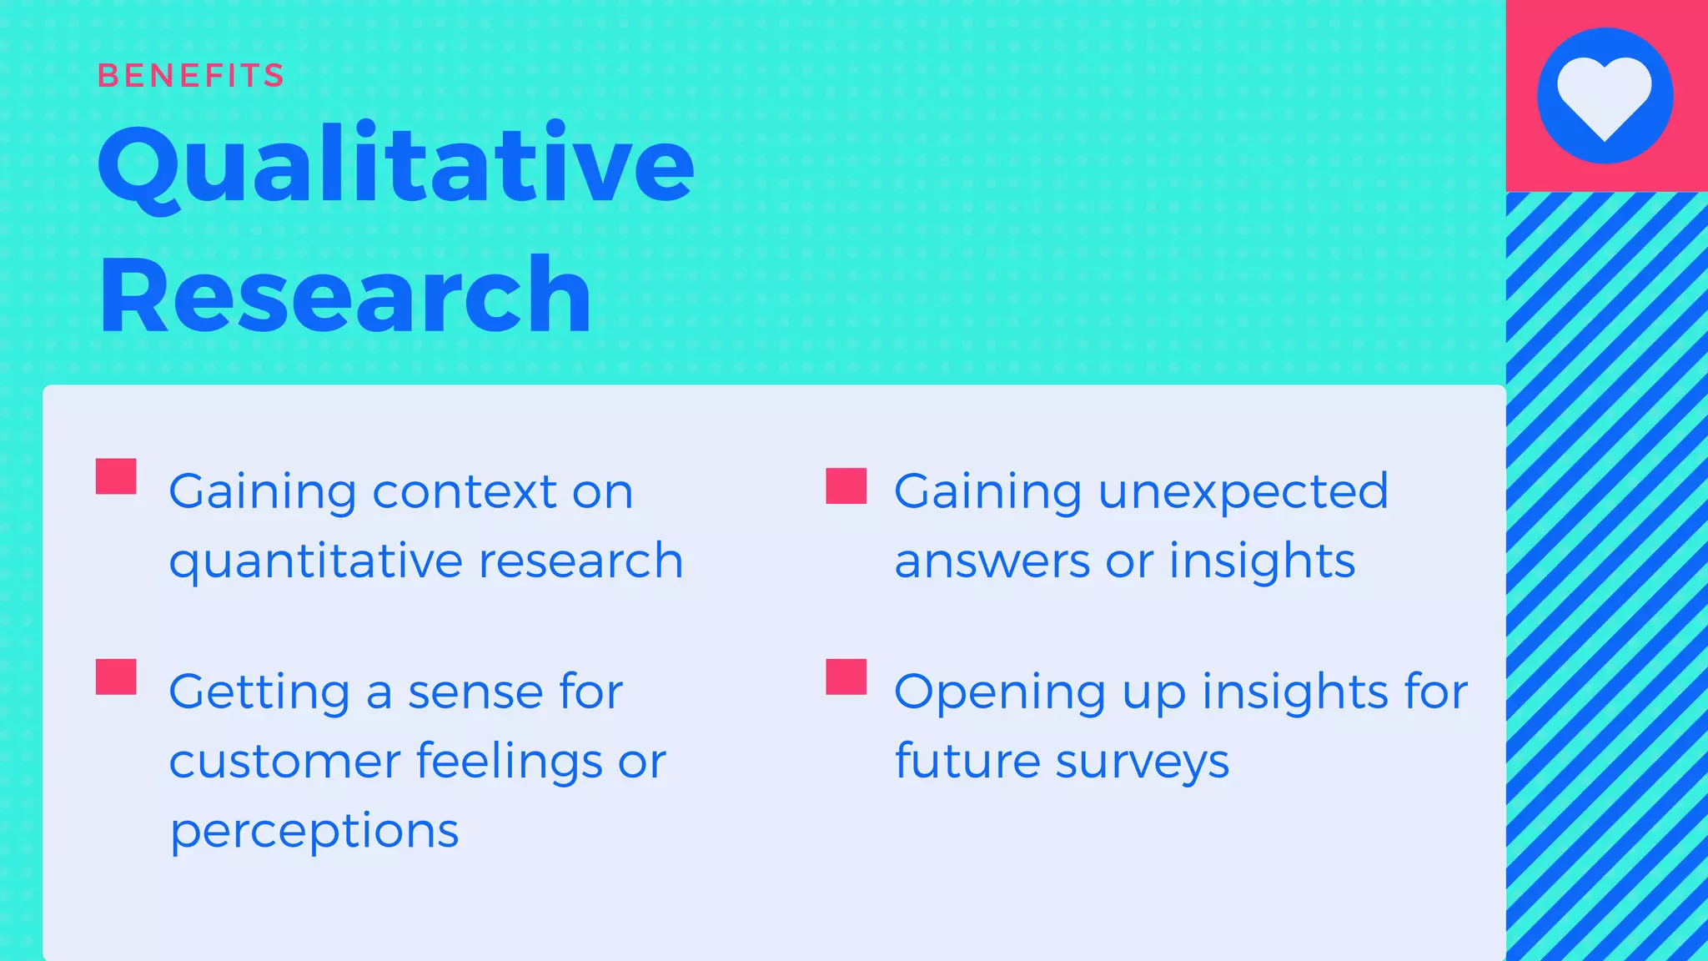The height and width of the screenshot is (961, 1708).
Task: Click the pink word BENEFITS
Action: point(191,76)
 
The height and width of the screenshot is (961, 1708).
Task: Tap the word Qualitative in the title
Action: point(395,164)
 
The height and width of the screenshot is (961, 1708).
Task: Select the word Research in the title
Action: point(344,296)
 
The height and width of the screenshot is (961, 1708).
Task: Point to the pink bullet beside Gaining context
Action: point(116,476)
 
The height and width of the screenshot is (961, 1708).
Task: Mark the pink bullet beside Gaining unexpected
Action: point(846,486)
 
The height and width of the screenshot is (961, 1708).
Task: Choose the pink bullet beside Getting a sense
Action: point(116,677)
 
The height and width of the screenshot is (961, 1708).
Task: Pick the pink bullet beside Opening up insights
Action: point(846,677)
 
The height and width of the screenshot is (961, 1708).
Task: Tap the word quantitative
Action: point(315,561)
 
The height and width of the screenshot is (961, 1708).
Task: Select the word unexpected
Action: point(1243,491)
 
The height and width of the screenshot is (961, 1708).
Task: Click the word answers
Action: point(992,561)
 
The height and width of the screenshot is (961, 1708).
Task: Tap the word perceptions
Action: point(314,831)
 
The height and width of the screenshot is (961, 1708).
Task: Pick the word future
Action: point(967,762)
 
